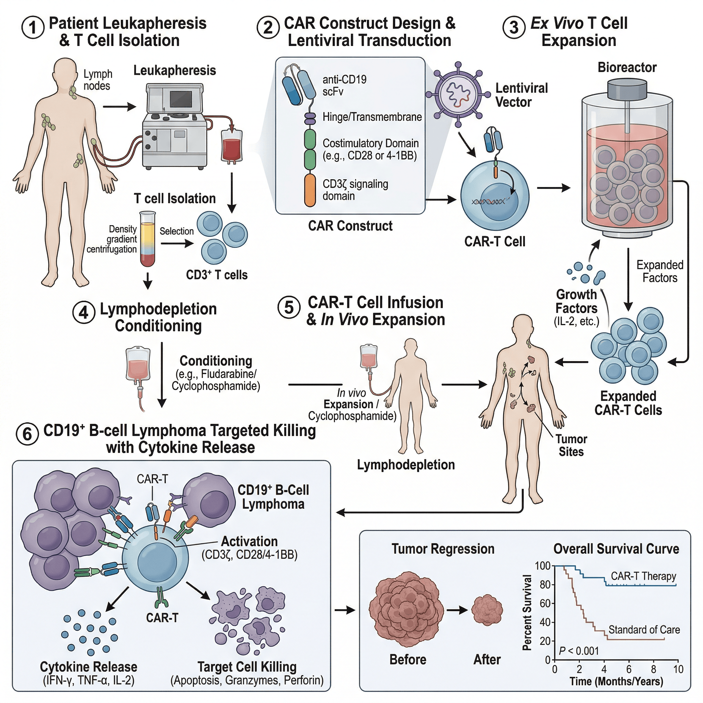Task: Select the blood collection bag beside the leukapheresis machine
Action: click(231, 146)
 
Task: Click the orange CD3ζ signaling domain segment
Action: click(310, 190)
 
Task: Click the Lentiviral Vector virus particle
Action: click(458, 94)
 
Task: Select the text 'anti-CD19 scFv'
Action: click(344, 85)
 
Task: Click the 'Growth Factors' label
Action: click(576, 301)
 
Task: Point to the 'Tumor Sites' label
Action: click(571, 445)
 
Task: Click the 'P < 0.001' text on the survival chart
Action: click(578, 651)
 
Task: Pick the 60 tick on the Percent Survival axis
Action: click(544, 604)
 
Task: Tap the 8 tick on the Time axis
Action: click(654, 669)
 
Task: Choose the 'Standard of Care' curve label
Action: click(644, 630)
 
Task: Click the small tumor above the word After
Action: click(487, 610)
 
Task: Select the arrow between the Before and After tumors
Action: click(457, 610)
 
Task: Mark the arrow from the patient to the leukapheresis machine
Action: click(119, 107)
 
